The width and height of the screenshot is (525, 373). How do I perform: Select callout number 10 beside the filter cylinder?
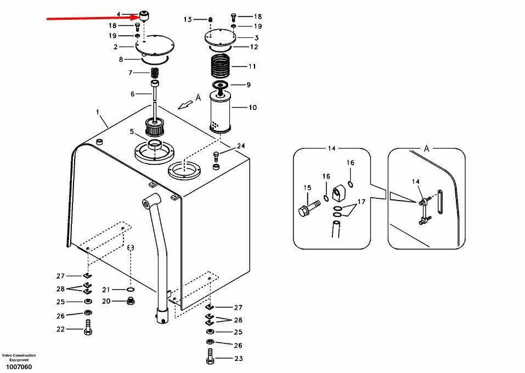(x=252, y=108)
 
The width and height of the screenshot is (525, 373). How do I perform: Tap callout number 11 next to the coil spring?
(x=252, y=66)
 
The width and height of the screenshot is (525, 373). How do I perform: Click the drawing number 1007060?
(x=19, y=367)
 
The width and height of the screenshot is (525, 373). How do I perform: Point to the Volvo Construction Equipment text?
(x=19, y=358)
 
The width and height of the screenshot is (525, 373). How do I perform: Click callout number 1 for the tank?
(x=98, y=113)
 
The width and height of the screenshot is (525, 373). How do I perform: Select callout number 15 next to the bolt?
(x=307, y=188)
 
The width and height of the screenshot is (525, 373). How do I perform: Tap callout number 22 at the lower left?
(x=60, y=329)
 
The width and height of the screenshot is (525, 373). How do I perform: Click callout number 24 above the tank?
(x=241, y=146)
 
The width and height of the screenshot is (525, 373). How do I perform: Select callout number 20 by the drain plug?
(x=106, y=300)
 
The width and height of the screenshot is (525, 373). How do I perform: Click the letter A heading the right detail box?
(x=426, y=148)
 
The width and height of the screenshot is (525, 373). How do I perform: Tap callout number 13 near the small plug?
(x=188, y=20)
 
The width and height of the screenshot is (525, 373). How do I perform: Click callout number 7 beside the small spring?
(x=131, y=73)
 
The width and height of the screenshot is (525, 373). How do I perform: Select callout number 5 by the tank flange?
(x=132, y=131)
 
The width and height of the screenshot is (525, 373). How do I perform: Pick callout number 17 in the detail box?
(x=362, y=202)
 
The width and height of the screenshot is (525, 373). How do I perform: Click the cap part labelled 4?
(x=144, y=14)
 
